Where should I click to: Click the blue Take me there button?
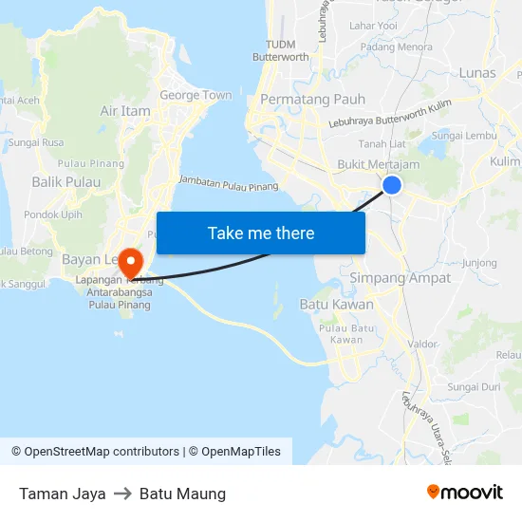261,233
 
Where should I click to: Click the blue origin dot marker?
391,185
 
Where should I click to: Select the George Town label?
196,95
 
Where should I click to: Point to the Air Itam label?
125,111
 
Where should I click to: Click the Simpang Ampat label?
401,277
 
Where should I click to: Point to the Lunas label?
476,73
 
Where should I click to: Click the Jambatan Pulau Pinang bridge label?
228,182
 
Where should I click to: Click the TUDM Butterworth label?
280,50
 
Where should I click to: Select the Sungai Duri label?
474,387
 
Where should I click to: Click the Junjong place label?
478,263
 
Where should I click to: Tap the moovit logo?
465,492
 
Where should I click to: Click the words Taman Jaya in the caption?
62,494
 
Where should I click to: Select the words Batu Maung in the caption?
182,494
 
